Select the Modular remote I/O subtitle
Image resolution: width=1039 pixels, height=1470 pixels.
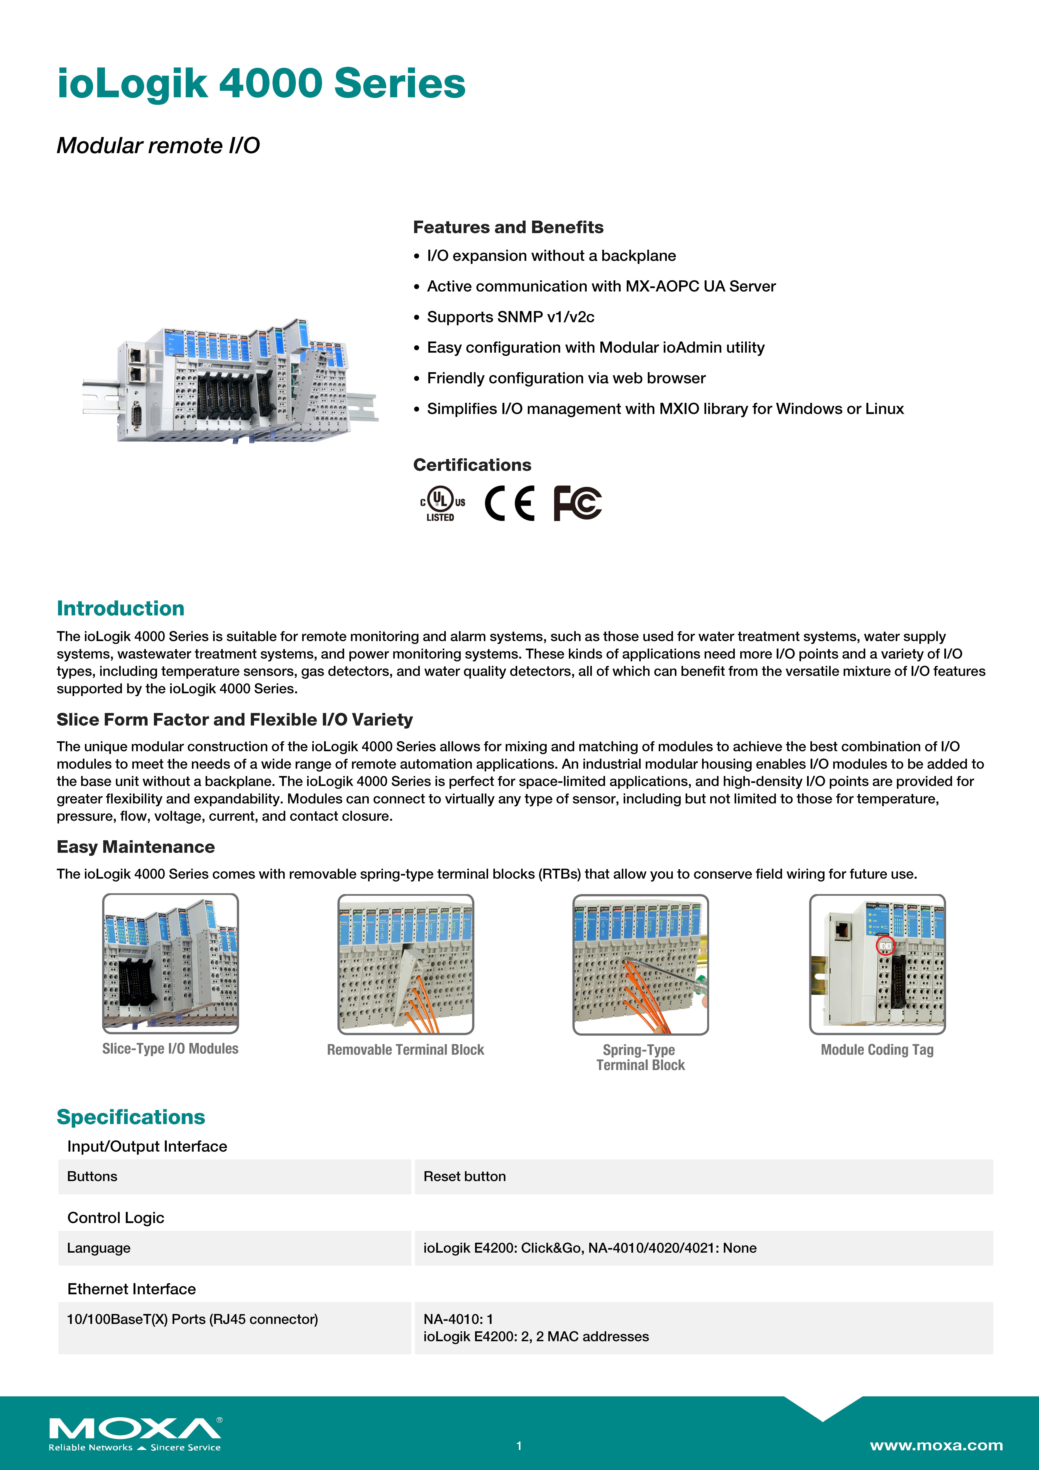(x=158, y=145)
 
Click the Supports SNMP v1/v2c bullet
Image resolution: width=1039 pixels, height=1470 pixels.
(x=510, y=317)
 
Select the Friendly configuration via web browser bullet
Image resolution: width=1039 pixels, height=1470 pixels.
(x=566, y=378)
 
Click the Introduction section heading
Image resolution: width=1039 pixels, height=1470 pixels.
(x=120, y=608)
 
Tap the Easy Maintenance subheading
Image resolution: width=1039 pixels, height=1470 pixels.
(x=136, y=847)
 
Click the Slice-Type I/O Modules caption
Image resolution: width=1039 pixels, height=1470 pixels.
(x=170, y=1049)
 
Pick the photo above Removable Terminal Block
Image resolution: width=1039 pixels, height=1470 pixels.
(x=406, y=964)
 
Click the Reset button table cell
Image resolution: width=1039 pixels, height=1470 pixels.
(x=465, y=1177)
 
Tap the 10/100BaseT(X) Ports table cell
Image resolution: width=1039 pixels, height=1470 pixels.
(x=192, y=1320)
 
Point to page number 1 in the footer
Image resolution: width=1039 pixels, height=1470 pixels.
(x=519, y=1446)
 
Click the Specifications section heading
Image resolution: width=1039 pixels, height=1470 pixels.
(x=131, y=1117)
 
